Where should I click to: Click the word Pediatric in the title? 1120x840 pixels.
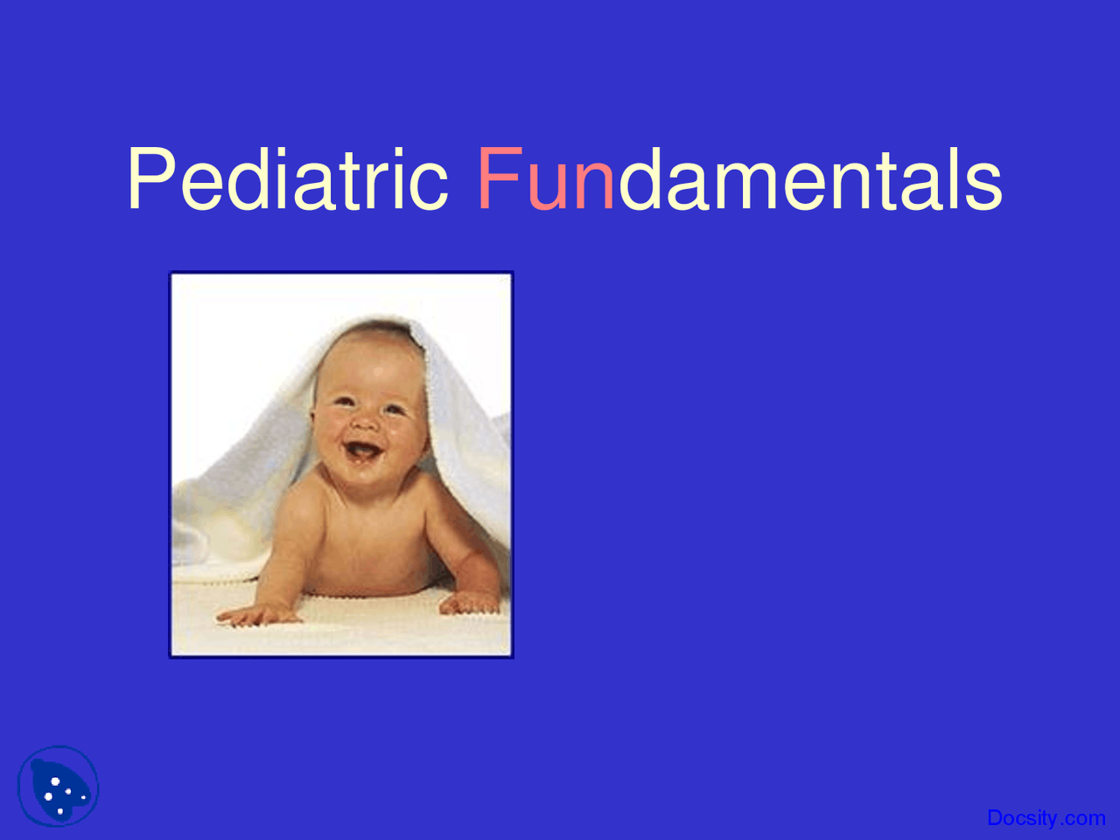click(x=288, y=178)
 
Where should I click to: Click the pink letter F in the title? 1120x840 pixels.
click(x=500, y=178)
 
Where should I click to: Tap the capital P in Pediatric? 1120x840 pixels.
click(x=151, y=178)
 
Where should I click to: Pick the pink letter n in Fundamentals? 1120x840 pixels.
click(x=594, y=185)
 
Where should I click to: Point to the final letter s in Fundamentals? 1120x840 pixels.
click(x=983, y=186)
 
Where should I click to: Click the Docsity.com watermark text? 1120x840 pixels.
click(x=1046, y=818)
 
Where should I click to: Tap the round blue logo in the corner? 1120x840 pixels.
click(x=58, y=787)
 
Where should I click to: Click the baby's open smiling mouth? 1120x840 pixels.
click(x=363, y=451)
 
